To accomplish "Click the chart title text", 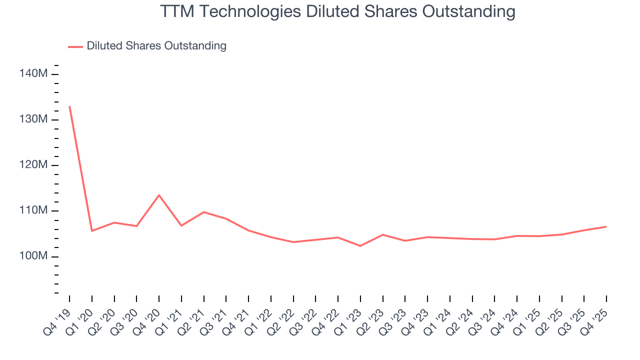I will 337,11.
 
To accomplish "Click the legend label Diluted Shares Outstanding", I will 156,46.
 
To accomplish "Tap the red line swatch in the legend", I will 75,46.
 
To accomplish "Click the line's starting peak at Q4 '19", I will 69,106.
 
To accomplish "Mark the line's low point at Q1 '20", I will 91,230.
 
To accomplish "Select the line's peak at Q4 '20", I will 159,195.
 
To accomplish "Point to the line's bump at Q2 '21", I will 204,212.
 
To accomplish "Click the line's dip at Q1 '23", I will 360,246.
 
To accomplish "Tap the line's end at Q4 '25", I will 606,226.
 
